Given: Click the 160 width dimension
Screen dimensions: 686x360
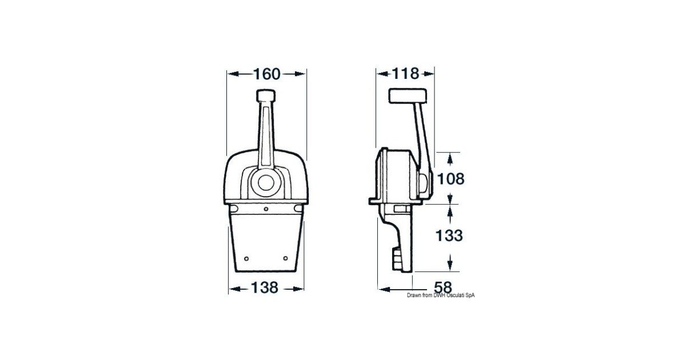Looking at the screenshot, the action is coord(267,74).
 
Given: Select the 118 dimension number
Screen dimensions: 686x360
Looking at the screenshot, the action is coord(405,74).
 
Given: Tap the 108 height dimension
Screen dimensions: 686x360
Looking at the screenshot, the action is coord(450,179).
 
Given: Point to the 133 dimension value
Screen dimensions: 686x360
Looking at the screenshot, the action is coord(449,235).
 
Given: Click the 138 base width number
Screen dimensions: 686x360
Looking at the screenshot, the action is coord(265,288).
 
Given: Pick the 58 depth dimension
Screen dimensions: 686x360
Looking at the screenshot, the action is coord(443,288).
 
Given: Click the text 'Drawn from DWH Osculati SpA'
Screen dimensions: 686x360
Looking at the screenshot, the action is coord(441,295).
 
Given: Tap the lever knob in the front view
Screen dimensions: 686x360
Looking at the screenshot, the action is coord(266,95).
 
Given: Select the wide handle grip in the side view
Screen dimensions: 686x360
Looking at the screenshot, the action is coord(408,95).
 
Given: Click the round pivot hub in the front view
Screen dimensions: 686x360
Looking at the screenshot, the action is coord(266,183).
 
